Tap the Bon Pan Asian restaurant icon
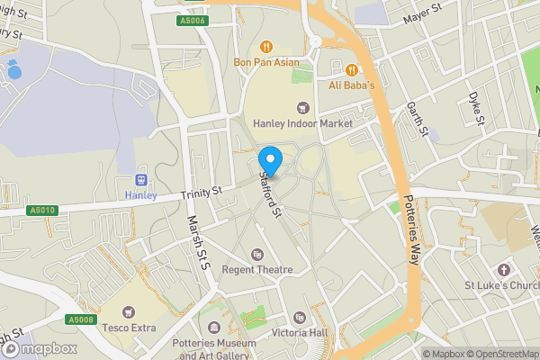pyautogui.click(x=265, y=47)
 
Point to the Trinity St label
pyautogui.click(x=201, y=193)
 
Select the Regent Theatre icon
pyautogui.click(x=259, y=255)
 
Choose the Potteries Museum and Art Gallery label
pyautogui.click(x=214, y=350)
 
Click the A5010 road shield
pyautogui.click(x=40, y=210)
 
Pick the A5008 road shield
pyautogui.click(x=80, y=319)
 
